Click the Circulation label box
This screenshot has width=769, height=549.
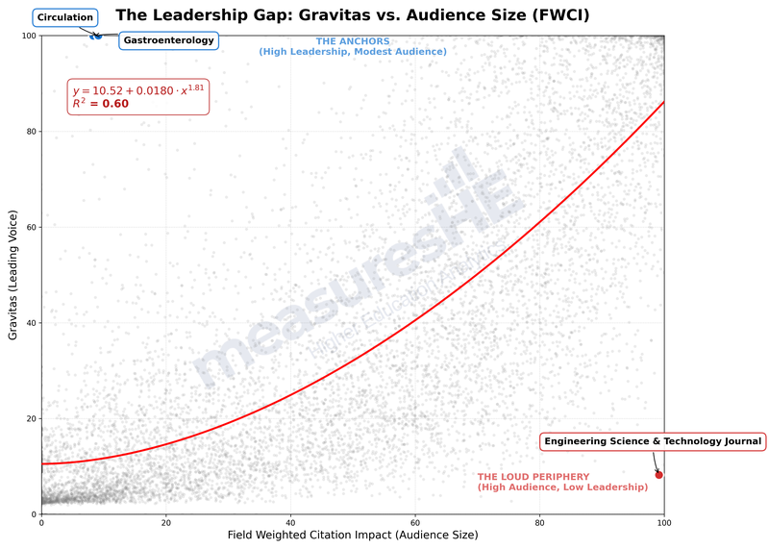point(65,17)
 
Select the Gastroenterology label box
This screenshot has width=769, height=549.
point(168,40)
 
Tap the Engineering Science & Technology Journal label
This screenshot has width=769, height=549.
point(653,441)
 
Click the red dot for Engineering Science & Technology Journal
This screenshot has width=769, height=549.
point(658,474)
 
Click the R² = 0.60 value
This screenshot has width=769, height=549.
point(101,103)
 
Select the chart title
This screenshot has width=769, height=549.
point(353,15)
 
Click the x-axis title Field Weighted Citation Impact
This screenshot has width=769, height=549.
point(352,535)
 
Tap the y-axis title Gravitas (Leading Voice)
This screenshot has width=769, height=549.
point(13,275)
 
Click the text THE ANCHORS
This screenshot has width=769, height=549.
point(353,41)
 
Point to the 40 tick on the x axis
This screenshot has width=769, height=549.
point(290,522)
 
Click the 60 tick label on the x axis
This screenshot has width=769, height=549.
point(414,522)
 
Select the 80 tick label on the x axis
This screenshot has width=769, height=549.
point(539,522)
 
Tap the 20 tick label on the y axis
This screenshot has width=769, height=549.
point(30,418)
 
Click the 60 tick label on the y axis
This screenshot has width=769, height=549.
point(30,227)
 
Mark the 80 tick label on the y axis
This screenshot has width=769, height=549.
point(30,131)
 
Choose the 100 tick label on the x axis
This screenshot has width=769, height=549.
point(663,522)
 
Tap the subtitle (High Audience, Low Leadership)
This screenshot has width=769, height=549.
point(562,488)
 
